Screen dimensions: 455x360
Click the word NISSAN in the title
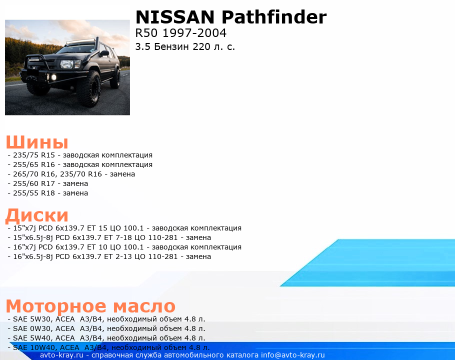click(x=175, y=17)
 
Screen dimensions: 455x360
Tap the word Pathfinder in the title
click(x=274, y=17)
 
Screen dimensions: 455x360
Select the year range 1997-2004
click(x=194, y=33)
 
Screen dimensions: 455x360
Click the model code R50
click(x=146, y=33)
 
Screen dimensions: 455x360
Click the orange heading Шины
click(x=37, y=142)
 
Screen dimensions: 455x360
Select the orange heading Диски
click(x=37, y=215)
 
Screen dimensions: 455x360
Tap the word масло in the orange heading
click(x=144, y=306)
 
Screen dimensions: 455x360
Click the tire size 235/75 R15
click(x=34, y=155)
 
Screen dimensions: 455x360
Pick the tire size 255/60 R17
click(x=34, y=183)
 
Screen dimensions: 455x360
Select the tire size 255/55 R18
click(x=34, y=193)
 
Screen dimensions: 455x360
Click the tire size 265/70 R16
click(x=34, y=174)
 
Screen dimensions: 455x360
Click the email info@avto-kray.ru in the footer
click(x=293, y=355)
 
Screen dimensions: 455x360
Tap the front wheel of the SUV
click(x=88, y=88)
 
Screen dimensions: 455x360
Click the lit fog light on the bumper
click(x=53, y=77)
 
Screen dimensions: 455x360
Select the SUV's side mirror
click(x=103, y=53)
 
